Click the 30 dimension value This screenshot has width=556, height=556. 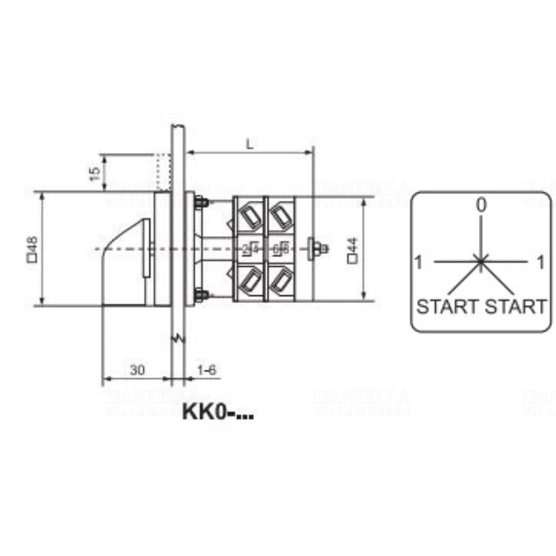click(137, 370)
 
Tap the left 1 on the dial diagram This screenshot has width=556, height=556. click(418, 263)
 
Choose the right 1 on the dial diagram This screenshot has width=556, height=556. click(541, 263)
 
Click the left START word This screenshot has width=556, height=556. click(447, 306)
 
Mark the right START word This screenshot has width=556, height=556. click(515, 306)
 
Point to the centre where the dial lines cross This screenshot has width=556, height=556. click(480, 261)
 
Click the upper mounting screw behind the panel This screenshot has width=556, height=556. click(202, 203)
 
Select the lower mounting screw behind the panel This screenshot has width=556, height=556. click(202, 295)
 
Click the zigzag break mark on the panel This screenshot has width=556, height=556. click(178, 338)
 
